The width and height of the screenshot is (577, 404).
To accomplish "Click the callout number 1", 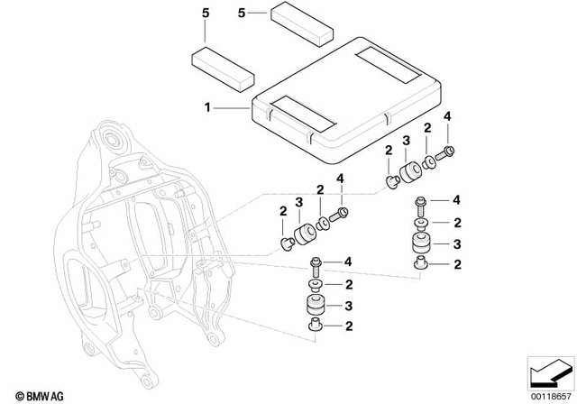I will click(208, 107).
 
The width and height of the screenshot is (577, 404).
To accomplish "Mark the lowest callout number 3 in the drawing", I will click(345, 304).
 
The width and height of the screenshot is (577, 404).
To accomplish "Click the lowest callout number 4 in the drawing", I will click(345, 263).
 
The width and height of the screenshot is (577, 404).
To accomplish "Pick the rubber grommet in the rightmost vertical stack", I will click(419, 243).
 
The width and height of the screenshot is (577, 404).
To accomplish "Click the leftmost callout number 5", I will click(204, 15).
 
